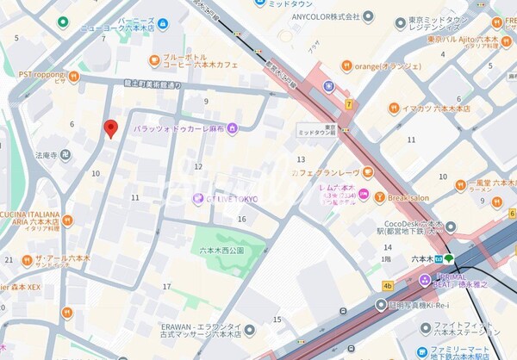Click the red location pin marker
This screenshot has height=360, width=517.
[x=110, y=128]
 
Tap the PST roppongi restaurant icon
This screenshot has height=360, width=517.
[x=75, y=76]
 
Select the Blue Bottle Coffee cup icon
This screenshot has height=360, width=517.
[x=154, y=59]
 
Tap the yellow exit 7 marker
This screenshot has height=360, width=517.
[x=349, y=104]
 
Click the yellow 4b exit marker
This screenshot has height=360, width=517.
[x=388, y=285]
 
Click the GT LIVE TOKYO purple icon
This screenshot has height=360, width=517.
[x=197, y=199]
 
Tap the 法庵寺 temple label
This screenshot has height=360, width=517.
[x=47, y=156]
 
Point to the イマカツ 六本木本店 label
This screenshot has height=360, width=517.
[x=439, y=109]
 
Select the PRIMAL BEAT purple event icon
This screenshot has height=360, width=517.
[x=424, y=279]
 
